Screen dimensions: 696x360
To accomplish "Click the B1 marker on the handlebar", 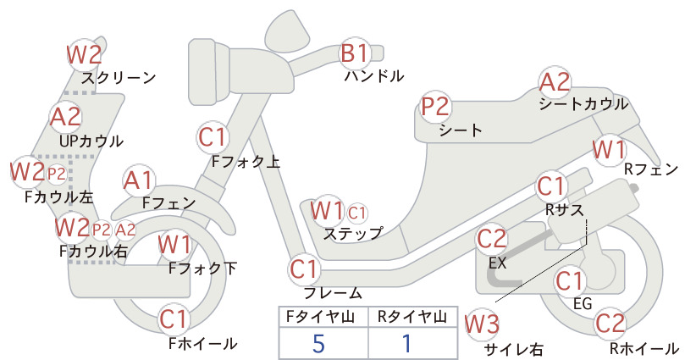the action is tap(355, 53).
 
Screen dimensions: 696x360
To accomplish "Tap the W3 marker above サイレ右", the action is tap(482, 324).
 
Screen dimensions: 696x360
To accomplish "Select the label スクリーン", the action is tap(119, 78).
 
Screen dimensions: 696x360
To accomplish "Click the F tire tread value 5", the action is tap(318, 344).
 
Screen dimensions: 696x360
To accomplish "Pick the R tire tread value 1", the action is tap(406, 344).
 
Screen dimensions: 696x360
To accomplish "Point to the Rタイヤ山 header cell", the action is tap(412, 317).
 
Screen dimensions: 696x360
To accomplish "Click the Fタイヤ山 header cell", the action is tap(323, 317).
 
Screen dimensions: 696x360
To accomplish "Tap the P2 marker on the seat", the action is tap(436, 107).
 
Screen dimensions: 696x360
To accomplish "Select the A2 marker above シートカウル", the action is tap(555, 82).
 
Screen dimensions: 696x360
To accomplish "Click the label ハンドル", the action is tap(374, 76).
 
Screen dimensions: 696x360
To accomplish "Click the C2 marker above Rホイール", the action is tap(610, 324).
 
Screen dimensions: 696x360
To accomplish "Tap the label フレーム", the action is tap(333, 293).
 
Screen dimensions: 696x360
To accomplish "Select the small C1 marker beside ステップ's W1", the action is tap(357, 213).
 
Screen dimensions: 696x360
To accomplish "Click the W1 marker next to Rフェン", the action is tap(609, 150).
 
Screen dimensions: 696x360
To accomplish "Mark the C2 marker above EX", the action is tap(491, 239).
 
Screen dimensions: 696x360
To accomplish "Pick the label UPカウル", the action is tap(91, 141).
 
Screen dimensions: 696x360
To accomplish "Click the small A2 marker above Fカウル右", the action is tap(125, 230).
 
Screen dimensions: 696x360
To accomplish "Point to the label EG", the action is tap(583, 303).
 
